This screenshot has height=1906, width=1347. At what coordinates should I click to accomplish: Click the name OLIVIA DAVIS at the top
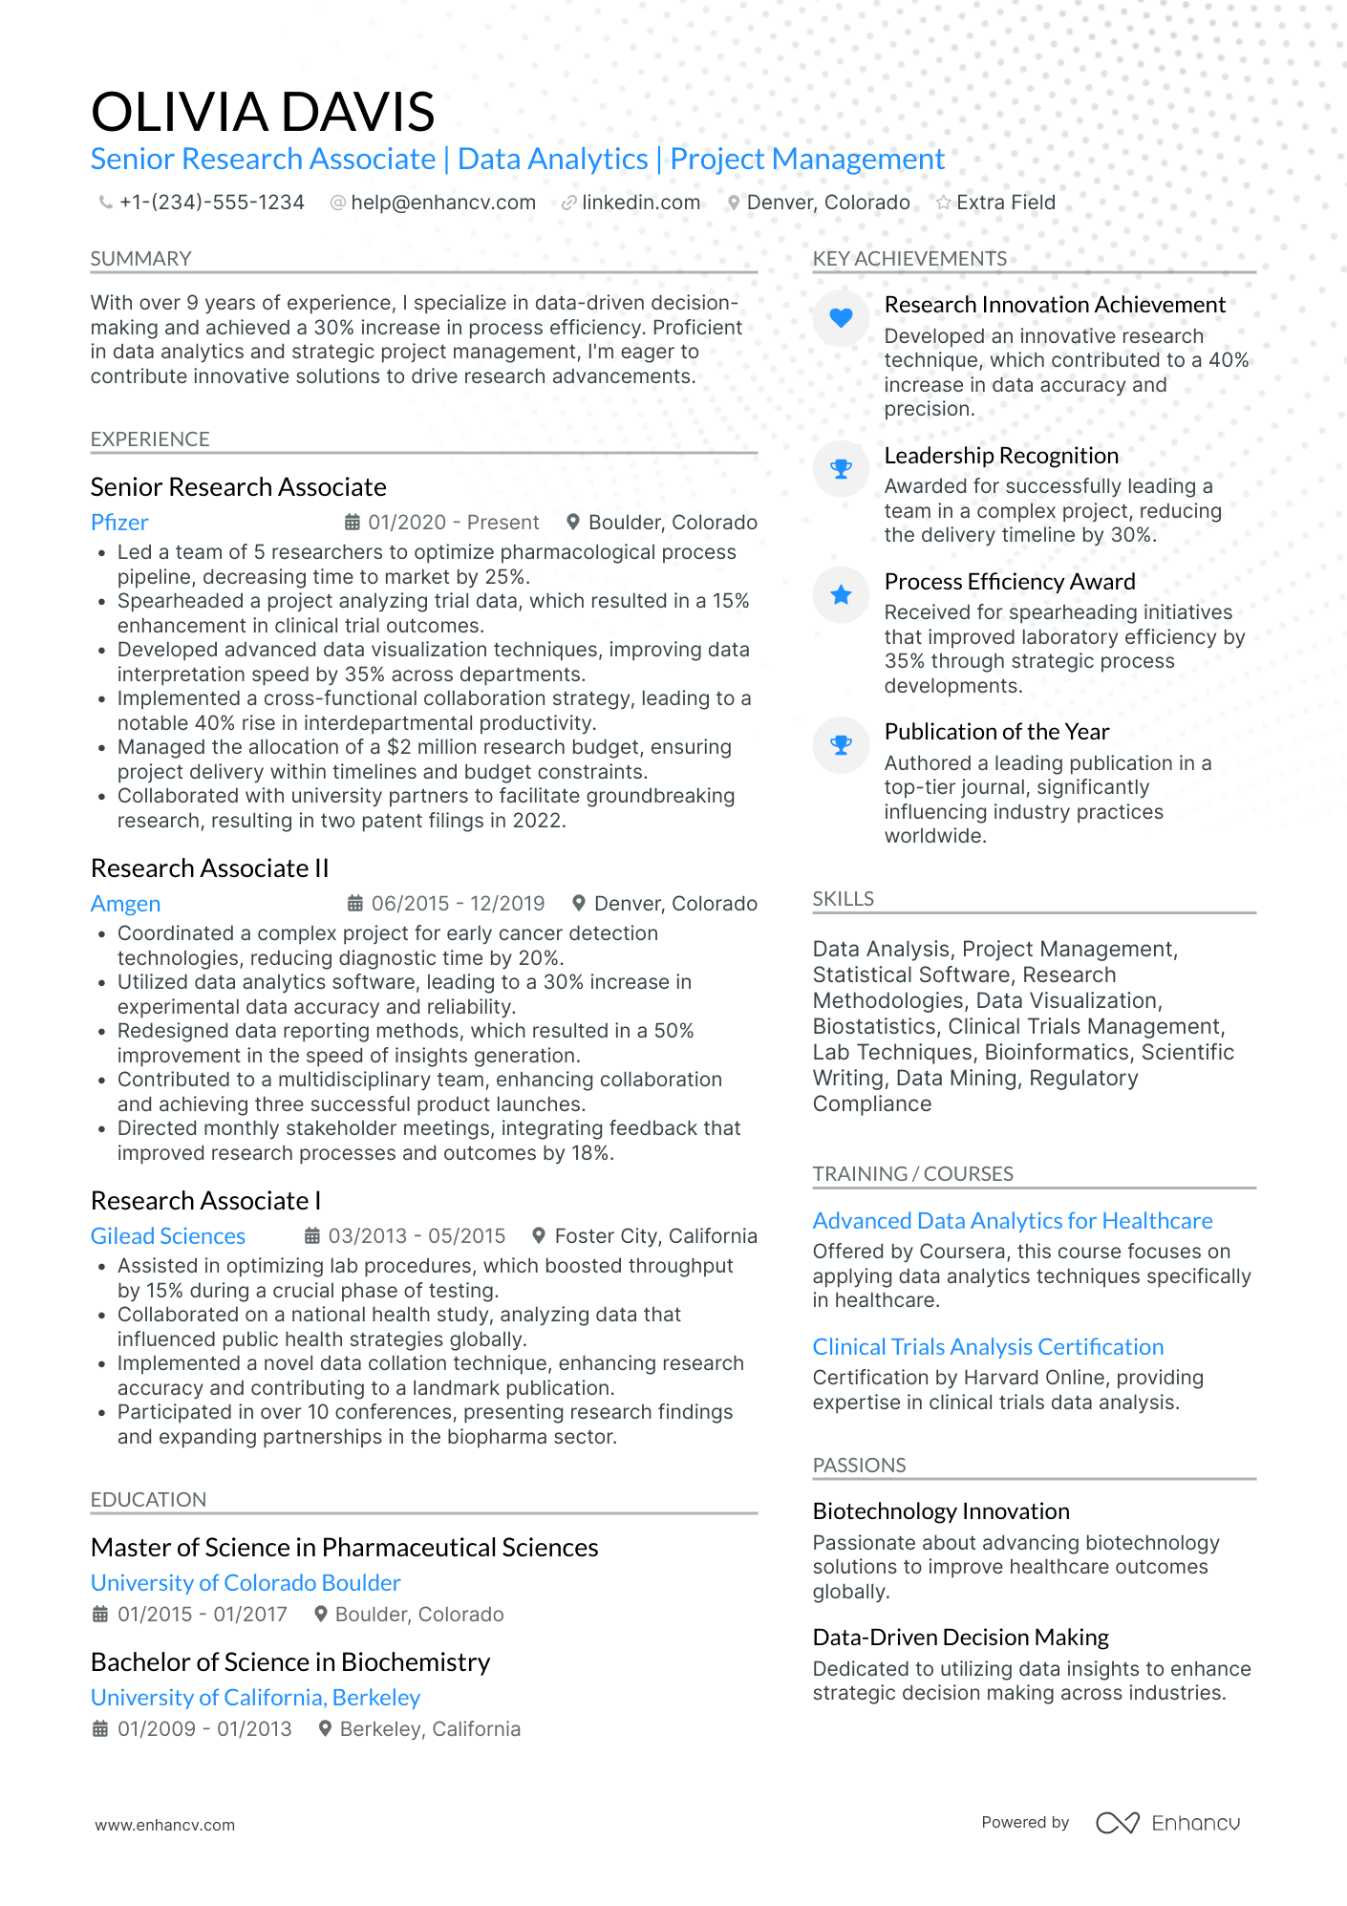pos(263,112)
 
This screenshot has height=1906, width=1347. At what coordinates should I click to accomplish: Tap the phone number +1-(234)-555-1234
pos(211,203)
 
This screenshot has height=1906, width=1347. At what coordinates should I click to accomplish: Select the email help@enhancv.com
pos(442,203)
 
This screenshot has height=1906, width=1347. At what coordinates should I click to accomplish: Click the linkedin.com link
pos(640,203)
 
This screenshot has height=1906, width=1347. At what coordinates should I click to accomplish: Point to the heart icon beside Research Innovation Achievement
pos(841,317)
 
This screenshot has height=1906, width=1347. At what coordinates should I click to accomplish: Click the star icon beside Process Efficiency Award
pos(841,595)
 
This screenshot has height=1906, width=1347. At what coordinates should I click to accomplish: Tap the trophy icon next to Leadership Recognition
pos(841,469)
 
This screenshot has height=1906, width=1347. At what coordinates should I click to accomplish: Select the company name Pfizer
pos(119,523)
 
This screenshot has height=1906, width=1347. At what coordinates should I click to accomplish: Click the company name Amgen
pos(125,904)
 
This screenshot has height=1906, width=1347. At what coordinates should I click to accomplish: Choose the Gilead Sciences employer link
pos(168,1236)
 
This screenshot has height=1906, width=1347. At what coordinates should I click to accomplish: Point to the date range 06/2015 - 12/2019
pos(458,904)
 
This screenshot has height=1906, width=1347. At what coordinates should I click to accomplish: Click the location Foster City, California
pos(655,1236)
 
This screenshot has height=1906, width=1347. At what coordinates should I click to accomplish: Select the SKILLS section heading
pos(844,899)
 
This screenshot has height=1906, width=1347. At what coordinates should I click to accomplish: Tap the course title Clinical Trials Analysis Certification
pos(988,1347)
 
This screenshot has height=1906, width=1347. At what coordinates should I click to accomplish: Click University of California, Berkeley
pos(255,1698)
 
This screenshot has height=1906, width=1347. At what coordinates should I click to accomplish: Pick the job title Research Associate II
pos(209,868)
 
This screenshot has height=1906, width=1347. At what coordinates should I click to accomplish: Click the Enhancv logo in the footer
pos(1167,1823)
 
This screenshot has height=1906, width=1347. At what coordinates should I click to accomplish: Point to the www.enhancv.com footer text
pos(164,1825)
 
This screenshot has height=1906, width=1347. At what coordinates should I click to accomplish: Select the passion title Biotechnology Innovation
pos(941,1511)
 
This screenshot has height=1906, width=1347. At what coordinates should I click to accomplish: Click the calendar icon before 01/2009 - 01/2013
pos(99,1729)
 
